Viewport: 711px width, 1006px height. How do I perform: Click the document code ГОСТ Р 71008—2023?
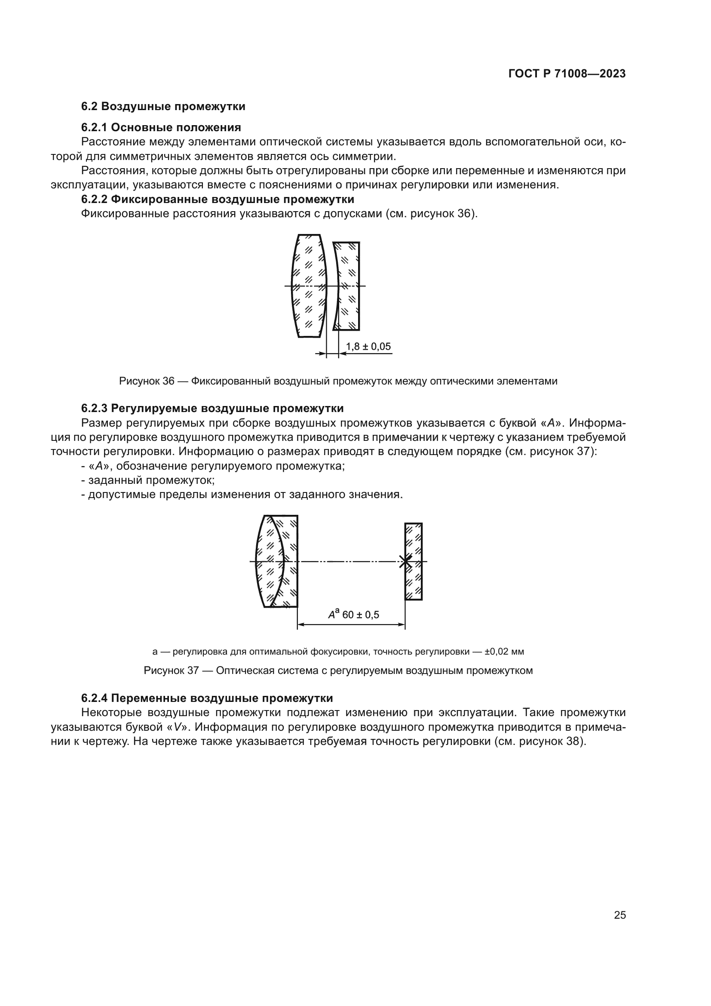[x=567, y=74]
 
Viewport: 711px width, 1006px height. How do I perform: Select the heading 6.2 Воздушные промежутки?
[x=163, y=107]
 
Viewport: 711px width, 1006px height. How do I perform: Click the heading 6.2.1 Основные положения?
[x=161, y=127]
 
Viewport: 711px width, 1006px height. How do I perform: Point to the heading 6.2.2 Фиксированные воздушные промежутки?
[x=218, y=200]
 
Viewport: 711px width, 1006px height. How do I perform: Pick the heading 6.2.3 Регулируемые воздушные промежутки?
[x=212, y=408]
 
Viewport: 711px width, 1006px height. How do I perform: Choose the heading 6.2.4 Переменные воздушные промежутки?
[x=207, y=698]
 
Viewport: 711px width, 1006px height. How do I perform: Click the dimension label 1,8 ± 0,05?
[x=368, y=347]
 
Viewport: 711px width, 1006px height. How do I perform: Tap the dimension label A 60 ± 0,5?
[x=354, y=614]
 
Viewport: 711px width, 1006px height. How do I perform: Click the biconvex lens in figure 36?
[x=309, y=286]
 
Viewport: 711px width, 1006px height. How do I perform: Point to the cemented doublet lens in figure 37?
[x=277, y=561]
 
